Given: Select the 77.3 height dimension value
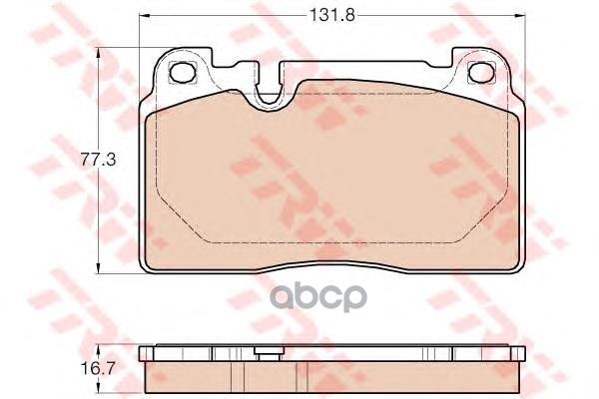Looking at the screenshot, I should [x=93, y=159].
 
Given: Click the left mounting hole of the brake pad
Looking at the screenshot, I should [x=184, y=72].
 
